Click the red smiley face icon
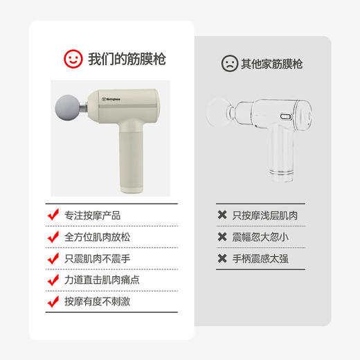73,58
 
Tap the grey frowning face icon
228,64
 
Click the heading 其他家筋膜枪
271,64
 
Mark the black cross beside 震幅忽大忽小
222,237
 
